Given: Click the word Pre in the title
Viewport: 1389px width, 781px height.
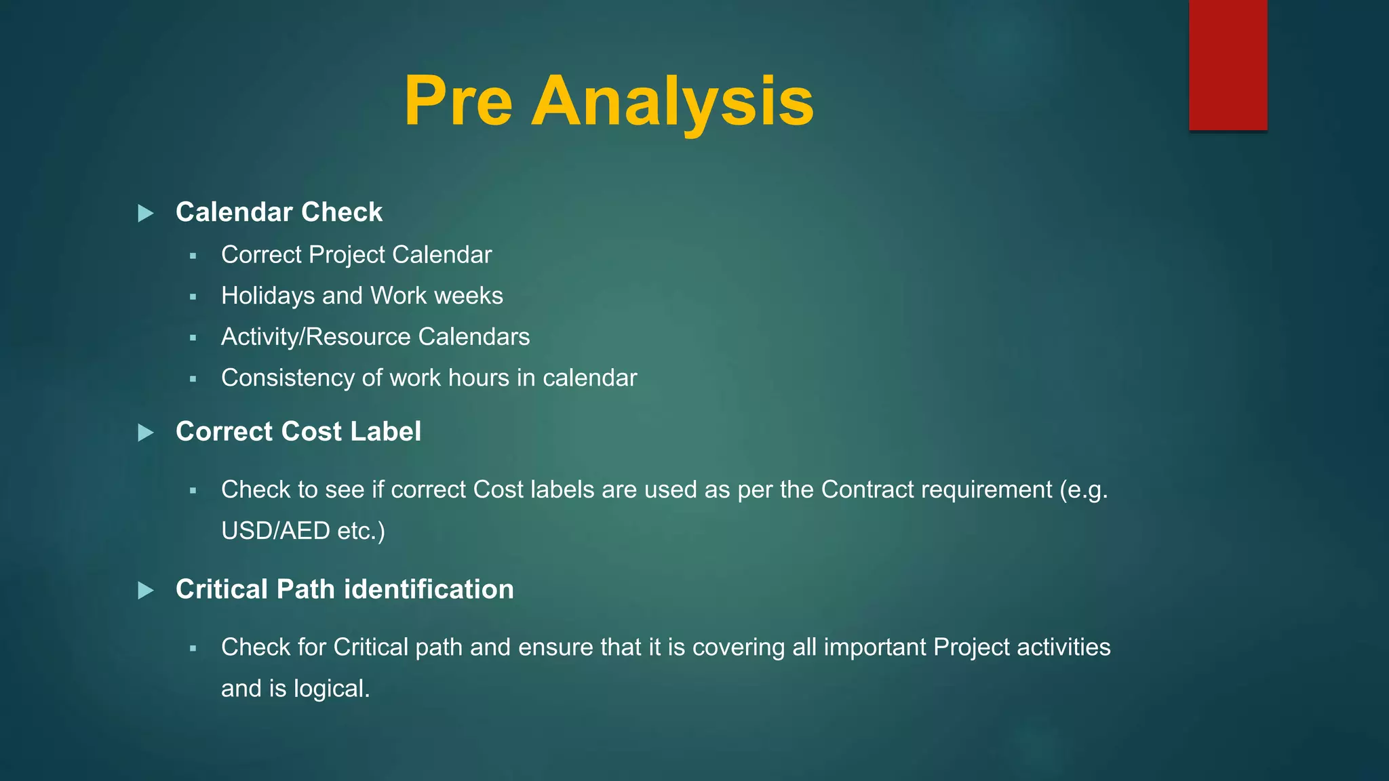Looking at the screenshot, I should [x=458, y=102].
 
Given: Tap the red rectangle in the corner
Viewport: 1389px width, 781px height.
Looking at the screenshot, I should [x=1228, y=65].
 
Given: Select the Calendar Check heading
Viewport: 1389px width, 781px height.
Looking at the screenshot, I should [x=279, y=212].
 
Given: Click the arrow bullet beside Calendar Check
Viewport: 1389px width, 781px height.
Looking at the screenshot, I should [x=146, y=214].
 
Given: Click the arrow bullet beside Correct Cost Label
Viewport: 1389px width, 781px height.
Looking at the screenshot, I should [x=146, y=433].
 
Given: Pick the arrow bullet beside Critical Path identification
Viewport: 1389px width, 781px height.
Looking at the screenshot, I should [x=146, y=590].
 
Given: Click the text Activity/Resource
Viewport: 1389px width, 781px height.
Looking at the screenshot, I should [x=316, y=337].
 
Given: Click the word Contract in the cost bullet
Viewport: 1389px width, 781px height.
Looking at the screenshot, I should [x=859, y=489].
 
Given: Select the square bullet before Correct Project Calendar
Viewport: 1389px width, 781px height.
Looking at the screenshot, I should [x=193, y=256].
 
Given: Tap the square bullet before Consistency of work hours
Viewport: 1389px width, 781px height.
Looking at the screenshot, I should [x=193, y=379].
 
